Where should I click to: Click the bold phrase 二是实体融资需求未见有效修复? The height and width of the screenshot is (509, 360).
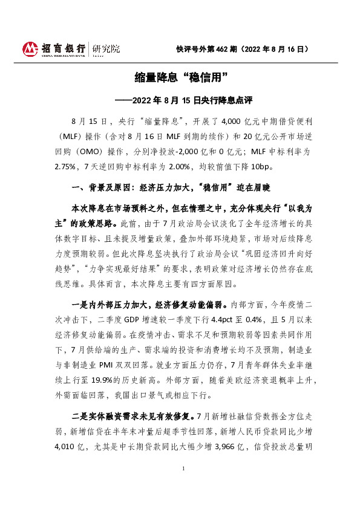[133, 415]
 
